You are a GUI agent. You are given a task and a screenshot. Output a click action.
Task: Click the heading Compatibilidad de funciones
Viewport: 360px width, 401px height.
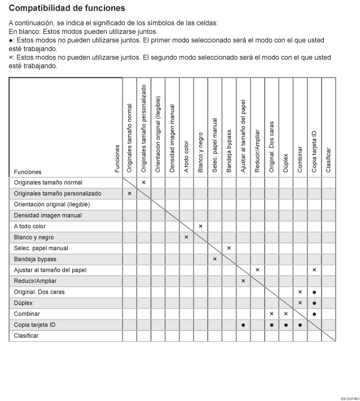coord(67,8)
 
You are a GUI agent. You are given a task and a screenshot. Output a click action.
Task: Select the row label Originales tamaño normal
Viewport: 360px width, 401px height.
coord(48,182)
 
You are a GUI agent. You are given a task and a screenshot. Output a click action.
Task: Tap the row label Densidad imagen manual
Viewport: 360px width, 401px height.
coord(48,215)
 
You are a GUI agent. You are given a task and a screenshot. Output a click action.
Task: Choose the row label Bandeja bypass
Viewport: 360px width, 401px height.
coord(35,259)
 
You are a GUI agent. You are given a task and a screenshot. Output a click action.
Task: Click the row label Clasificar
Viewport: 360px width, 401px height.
coord(27,335)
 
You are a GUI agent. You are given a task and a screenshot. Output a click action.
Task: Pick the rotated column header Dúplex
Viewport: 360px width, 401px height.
coord(286,162)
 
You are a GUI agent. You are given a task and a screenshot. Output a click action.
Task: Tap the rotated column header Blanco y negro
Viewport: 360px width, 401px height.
coord(201,149)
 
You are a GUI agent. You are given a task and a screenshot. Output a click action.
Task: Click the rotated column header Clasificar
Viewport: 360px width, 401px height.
coord(328,160)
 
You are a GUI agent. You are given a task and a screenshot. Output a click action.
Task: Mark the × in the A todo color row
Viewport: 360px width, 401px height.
coord(200,226)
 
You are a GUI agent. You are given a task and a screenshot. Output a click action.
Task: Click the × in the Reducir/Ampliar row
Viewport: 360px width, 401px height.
coord(243,281)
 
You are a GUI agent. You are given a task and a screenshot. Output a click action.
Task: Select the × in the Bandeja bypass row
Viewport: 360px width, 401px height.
coord(214,259)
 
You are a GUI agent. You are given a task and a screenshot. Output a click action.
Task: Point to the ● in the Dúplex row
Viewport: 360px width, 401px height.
coord(314,303)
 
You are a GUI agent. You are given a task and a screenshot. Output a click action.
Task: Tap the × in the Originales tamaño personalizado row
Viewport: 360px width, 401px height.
coord(129,193)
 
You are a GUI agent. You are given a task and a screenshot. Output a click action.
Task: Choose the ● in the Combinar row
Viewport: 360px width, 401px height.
coord(314,313)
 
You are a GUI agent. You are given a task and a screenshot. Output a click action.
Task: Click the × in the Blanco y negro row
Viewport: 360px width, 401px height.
coord(186,237)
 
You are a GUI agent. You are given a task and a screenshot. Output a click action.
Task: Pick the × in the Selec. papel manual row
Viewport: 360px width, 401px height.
coord(229,248)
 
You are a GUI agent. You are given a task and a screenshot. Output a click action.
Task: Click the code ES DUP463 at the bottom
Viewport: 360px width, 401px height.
coord(349,398)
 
